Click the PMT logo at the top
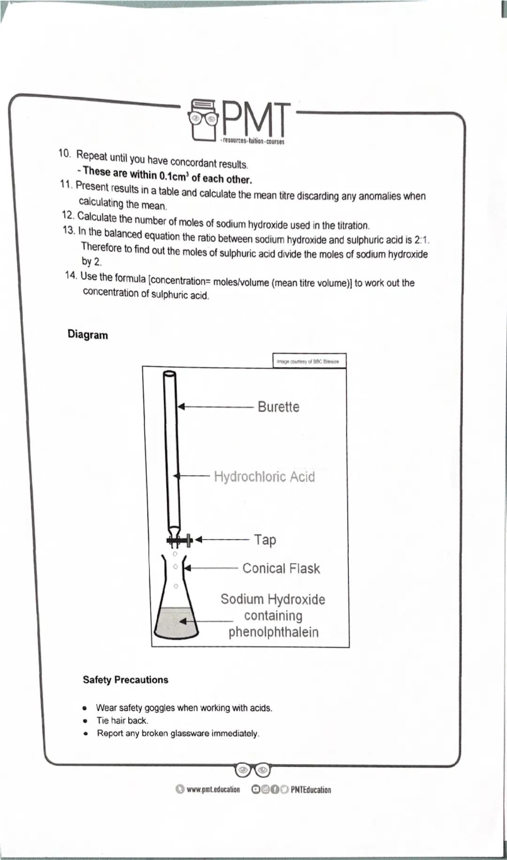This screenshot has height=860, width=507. pyautogui.click(x=238, y=121)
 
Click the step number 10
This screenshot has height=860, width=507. pyautogui.click(x=65, y=153)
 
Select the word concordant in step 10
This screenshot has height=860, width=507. pyautogui.click(x=193, y=162)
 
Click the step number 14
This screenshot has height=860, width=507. pyautogui.click(x=71, y=275)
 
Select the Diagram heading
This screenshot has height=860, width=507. pyautogui.click(x=88, y=335)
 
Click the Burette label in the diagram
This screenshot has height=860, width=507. pyautogui.click(x=278, y=407)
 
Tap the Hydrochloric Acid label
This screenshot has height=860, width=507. pyautogui.click(x=264, y=477)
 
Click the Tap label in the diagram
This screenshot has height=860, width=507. pyautogui.click(x=265, y=540)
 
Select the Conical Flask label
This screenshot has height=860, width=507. pyautogui.click(x=281, y=569)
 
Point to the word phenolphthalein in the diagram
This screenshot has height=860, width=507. pyautogui.click(x=273, y=632)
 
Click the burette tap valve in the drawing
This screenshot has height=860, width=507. pyautogui.click(x=179, y=540)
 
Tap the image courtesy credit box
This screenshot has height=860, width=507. pyautogui.click(x=309, y=361)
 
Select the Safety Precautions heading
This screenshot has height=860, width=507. pyautogui.click(x=125, y=680)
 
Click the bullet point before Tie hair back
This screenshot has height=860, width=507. pyautogui.click(x=85, y=721)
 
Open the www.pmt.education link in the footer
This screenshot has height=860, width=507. pyautogui.click(x=213, y=790)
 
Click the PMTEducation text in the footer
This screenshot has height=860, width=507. pyautogui.click(x=310, y=790)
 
